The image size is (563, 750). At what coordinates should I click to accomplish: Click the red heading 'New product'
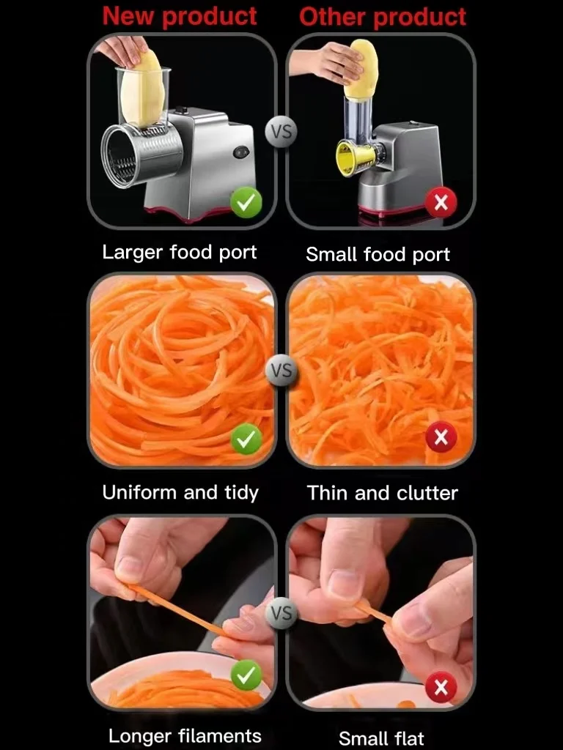pos(180,16)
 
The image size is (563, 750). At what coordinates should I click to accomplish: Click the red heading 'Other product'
pos(382,17)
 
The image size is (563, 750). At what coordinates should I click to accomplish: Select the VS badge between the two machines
pos(281,132)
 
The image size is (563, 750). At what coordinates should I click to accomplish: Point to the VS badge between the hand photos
pos(281,612)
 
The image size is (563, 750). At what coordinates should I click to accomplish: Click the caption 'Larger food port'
pos(180,253)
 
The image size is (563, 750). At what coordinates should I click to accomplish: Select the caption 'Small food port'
pos(378,255)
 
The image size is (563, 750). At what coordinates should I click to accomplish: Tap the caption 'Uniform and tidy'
pos(180,492)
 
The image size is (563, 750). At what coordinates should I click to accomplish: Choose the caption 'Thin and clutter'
pos(382,493)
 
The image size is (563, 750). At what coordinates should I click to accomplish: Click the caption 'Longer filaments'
pos(185,735)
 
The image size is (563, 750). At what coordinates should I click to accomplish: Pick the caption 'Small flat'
pos(381,738)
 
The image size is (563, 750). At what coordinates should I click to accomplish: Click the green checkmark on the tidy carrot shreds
pos(246,439)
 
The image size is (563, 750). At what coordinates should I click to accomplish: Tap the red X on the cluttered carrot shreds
pos(441,438)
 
